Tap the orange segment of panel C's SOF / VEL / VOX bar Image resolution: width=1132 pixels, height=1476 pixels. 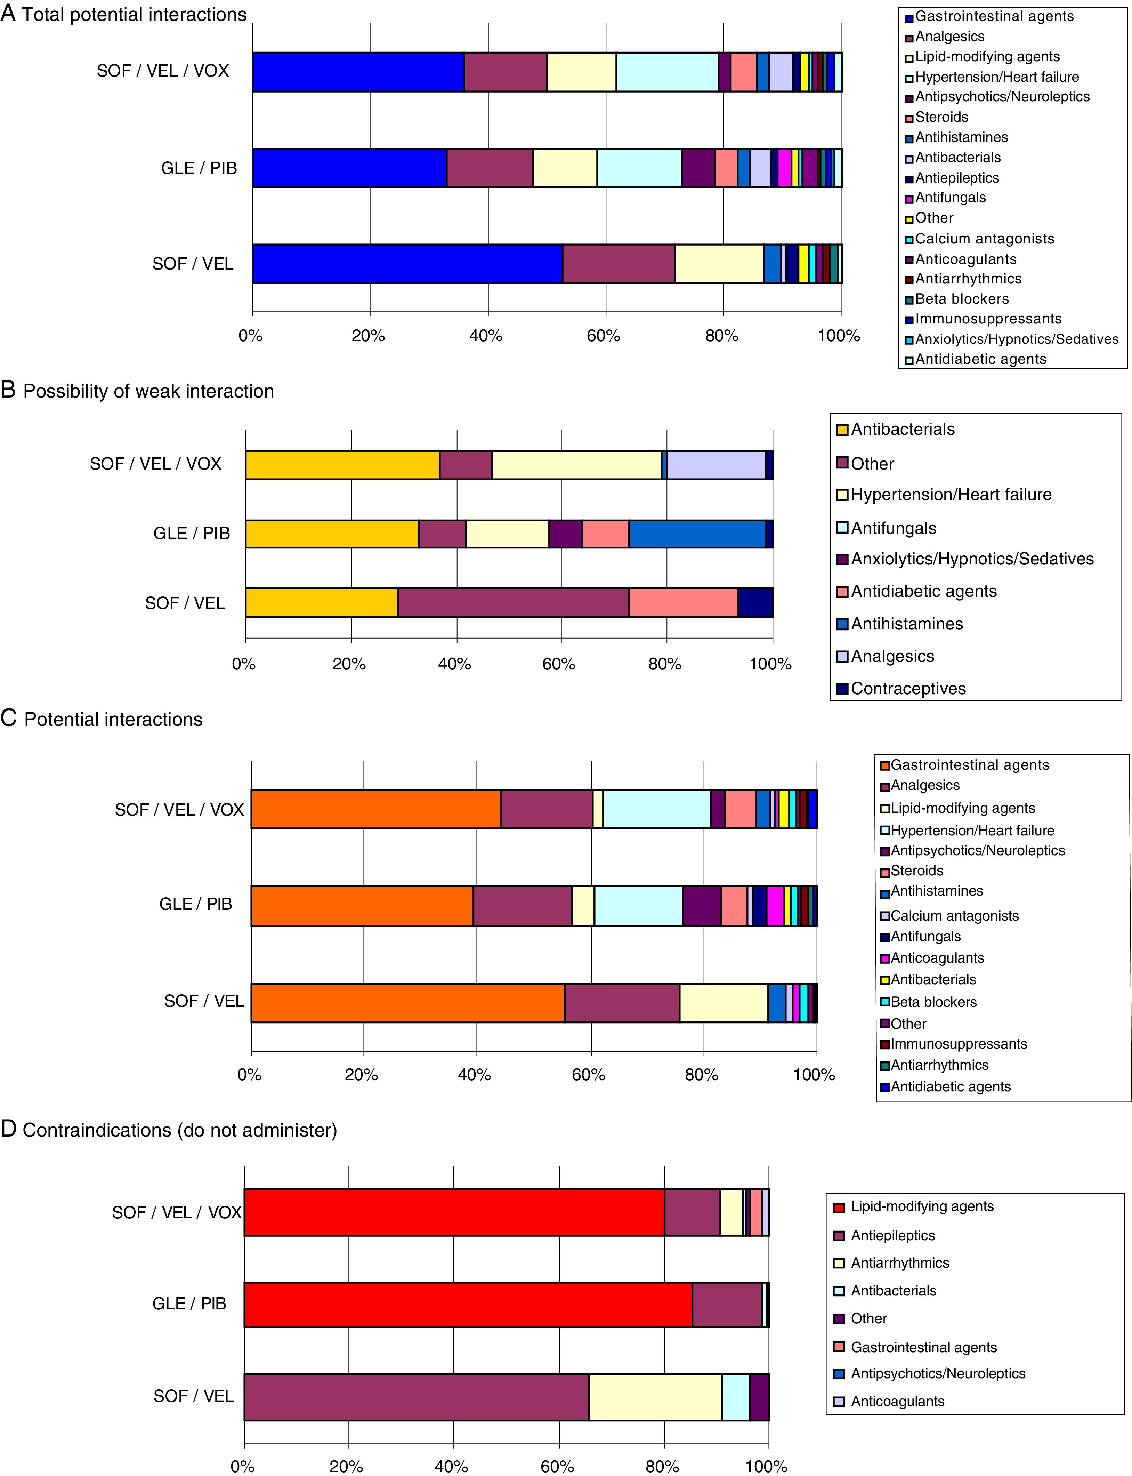(375, 809)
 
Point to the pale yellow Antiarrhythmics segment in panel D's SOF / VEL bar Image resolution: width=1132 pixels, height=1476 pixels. (655, 1397)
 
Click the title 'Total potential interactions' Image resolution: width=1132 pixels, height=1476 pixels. (134, 15)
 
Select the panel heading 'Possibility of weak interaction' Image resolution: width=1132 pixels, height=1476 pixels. (148, 391)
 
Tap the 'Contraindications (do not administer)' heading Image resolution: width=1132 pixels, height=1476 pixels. (179, 1130)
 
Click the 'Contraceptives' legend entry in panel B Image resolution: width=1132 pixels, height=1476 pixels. (908, 688)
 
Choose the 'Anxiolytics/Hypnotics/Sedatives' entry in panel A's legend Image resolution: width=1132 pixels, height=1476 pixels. (1016, 339)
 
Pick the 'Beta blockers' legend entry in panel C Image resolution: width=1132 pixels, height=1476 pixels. (933, 1002)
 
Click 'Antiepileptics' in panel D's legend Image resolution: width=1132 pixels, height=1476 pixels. (893, 1235)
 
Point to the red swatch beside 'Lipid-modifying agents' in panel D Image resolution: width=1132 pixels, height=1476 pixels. (839, 1207)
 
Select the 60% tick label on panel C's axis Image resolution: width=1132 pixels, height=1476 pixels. (588, 1074)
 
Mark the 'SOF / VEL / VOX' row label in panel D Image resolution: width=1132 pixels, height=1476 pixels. (177, 1212)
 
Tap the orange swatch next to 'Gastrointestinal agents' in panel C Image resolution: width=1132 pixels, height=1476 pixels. (886, 765)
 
